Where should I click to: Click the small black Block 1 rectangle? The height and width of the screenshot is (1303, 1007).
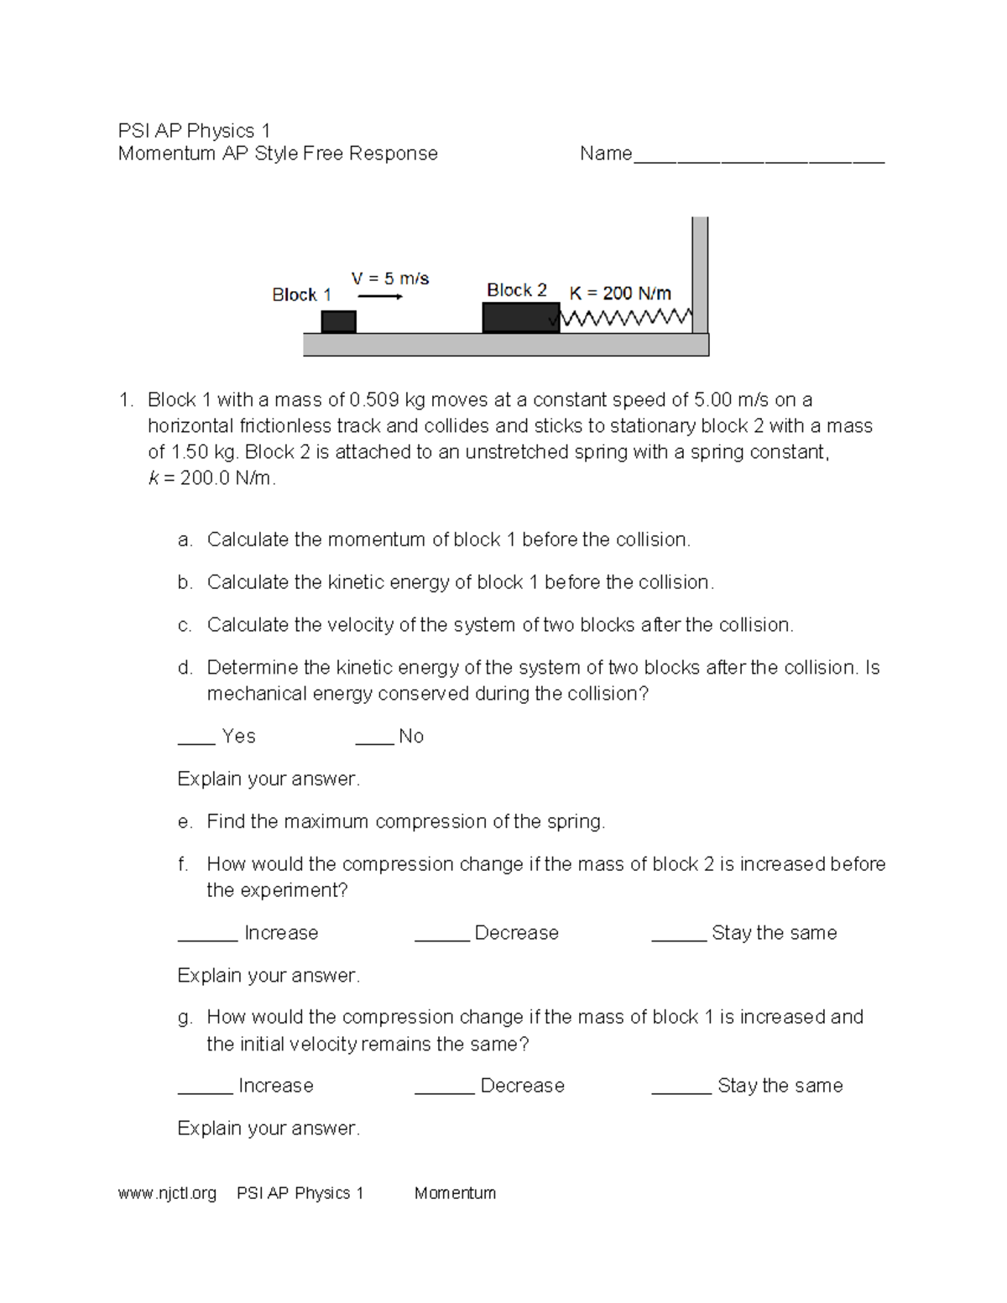[x=338, y=321]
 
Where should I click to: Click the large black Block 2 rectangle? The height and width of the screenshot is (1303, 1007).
[x=520, y=318]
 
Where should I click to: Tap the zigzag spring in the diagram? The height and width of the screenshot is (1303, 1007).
[x=625, y=318]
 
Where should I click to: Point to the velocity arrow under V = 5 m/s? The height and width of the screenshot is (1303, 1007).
[x=380, y=296]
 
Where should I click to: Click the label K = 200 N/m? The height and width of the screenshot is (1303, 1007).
[x=620, y=293]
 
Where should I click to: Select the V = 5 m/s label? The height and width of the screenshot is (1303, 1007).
[x=389, y=278]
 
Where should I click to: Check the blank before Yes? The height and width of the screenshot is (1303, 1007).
[x=196, y=739]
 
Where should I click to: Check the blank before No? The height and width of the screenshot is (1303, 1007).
[x=374, y=739]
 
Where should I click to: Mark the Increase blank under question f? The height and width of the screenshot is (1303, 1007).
[x=207, y=936]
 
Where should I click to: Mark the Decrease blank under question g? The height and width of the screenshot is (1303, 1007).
[x=444, y=1088]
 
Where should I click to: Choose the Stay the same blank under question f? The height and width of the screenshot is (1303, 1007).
[x=679, y=936]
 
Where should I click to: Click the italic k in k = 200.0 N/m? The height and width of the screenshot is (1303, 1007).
[x=154, y=479]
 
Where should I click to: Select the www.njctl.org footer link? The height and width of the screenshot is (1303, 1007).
[x=167, y=1193]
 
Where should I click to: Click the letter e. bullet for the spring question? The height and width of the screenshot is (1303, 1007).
[x=185, y=822]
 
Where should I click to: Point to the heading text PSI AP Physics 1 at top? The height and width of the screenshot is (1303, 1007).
[x=194, y=131]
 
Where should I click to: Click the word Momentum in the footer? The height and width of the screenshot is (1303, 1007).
[x=455, y=1193]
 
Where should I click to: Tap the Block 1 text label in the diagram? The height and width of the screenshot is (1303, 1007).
[x=301, y=294]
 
